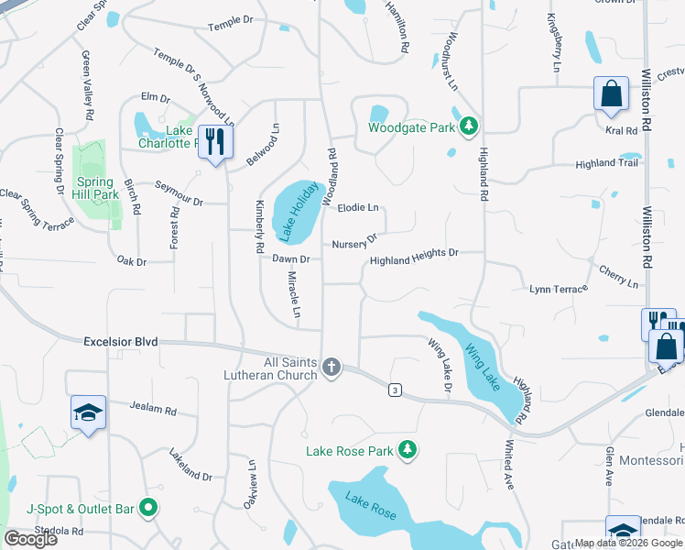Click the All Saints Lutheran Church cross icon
332,368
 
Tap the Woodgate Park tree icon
469,126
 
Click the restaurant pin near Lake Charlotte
215,142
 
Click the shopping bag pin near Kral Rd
612,94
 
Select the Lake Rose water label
370,505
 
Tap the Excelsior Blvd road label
121,342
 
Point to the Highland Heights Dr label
413,261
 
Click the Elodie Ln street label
358,208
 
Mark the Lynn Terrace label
558,290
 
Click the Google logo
31,539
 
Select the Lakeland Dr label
190,465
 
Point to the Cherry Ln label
619,278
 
